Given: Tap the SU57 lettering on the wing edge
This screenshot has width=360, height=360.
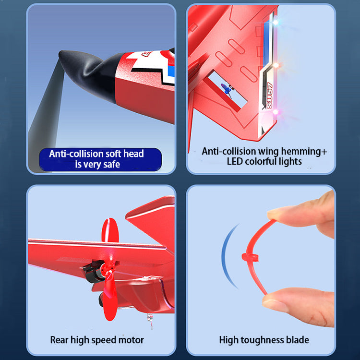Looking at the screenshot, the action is (x=269, y=96).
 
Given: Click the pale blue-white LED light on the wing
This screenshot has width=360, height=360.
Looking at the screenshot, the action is (x=276, y=22).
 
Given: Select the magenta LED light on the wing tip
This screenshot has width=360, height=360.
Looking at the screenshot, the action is (x=275, y=112).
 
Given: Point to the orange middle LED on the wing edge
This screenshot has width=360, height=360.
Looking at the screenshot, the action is (x=276, y=65).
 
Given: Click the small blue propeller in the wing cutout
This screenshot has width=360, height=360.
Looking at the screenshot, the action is (x=226, y=89).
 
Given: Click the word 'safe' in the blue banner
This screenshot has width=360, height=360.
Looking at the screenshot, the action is (x=111, y=165).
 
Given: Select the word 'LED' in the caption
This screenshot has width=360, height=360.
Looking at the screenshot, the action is (x=235, y=161).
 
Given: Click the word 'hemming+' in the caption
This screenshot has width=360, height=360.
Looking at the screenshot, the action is (x=304, y=152).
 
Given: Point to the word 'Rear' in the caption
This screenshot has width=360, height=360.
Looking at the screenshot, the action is (x=59, y=340).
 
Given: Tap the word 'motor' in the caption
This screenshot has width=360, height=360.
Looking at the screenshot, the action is (x=131, y=340).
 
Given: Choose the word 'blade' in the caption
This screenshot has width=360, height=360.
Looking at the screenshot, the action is (x=297, y=340).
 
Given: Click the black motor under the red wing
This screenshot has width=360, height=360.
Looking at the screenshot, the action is (x=93, y=272).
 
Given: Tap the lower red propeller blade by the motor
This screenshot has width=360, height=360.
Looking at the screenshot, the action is (x=110, y=299).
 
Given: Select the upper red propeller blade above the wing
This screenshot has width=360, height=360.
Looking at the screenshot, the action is (x=110, y=230).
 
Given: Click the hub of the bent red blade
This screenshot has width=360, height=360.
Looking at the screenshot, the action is (x=250, y=257).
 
